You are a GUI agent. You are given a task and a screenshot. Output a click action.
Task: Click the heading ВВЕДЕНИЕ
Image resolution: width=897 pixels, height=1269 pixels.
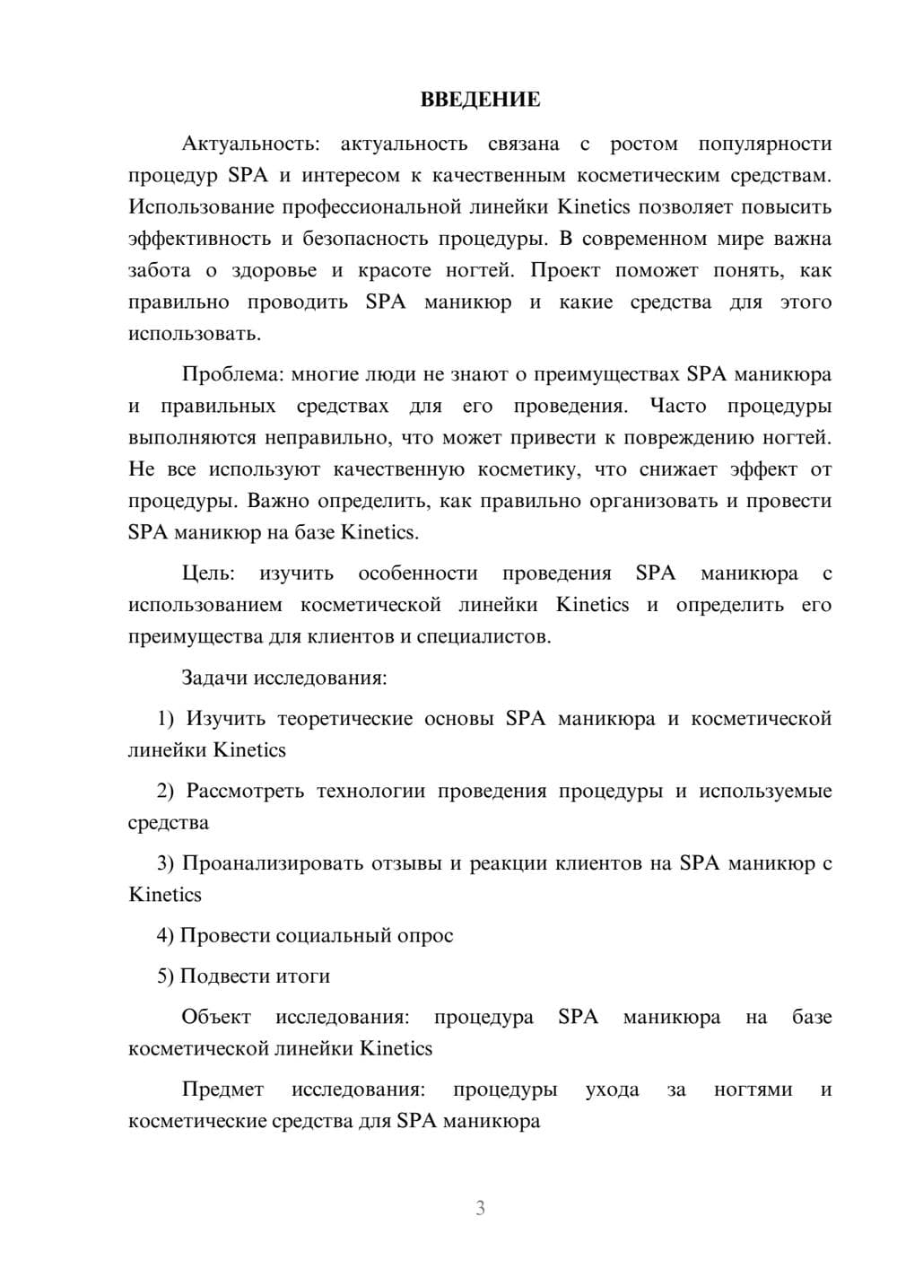tap(480, 100)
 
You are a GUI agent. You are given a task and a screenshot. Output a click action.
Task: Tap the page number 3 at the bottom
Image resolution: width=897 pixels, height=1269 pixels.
tap(480, 1208)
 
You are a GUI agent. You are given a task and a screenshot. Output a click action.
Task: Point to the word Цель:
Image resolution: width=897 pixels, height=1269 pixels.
tap(208, 573)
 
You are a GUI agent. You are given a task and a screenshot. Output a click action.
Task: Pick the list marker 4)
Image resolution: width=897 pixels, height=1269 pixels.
tap(166, 936)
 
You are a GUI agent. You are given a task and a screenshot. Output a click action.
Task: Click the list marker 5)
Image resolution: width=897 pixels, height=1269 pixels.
tap(166, 976)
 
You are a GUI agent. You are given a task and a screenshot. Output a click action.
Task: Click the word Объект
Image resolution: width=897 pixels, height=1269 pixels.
tap(216, 1018)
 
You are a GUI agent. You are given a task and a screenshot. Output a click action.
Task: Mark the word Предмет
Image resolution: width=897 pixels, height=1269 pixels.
tap(222, 1090)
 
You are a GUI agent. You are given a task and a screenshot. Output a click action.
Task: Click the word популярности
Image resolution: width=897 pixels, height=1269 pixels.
tap(764, 144)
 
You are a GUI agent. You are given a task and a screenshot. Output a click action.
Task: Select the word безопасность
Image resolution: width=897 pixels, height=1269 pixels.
tap(365, 239)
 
